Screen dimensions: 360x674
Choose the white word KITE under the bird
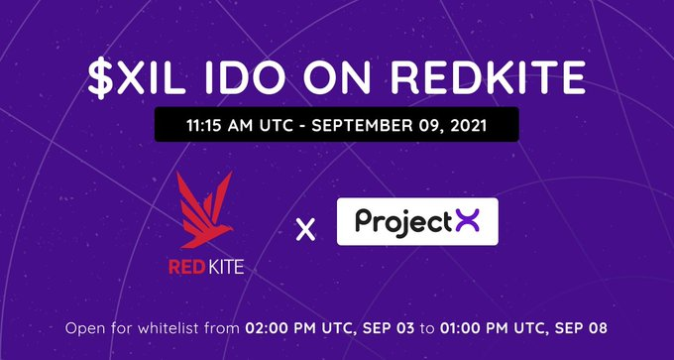coord(227,266)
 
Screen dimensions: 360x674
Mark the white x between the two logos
coord(305,230)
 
